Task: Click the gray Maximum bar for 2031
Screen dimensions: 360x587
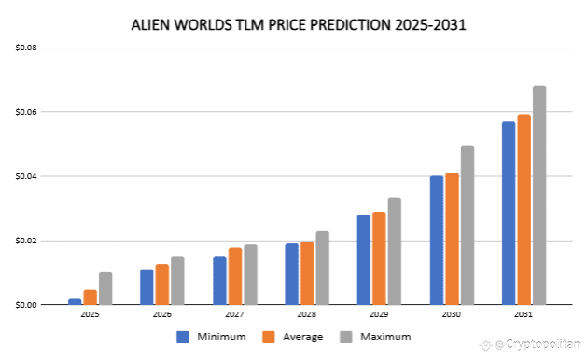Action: pyautogui.click(x=538, y=195)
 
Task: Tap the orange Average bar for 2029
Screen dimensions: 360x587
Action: pyautogui.click(x=380, y=258)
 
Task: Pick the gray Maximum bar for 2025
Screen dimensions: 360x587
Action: pyautogui.click(x=105, y=288)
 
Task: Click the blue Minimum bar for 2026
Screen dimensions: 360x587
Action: pyautogui.click(x=147, y=286)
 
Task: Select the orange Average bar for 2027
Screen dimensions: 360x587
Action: pyautogui.click(x=235, y=276)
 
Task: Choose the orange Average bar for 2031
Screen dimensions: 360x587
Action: pyautogui.click(x=524, y=210)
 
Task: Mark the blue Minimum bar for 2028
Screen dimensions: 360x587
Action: pyautogui.click(x=292, y=274)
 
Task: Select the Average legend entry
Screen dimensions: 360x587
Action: pyautogui.click(x=299, y=336)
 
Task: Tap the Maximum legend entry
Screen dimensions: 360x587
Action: pyautogui.click(x=382, y=336)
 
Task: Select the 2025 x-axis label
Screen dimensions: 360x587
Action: pyautogui.click(x=91, y=316)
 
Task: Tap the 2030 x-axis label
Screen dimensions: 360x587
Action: pyautogui.click(x=451, y=316)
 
